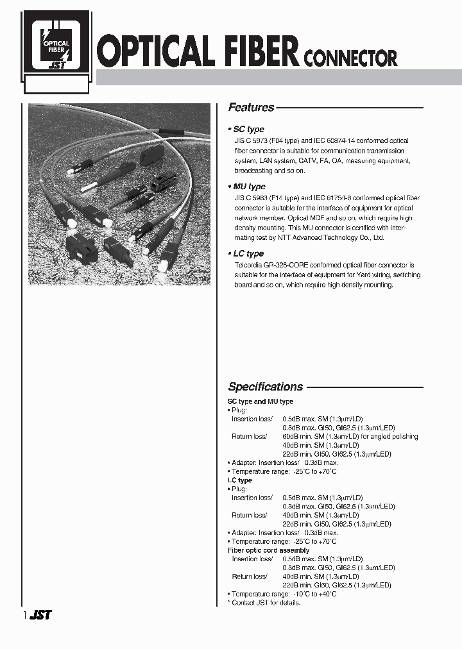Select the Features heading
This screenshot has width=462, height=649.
pos(251,108)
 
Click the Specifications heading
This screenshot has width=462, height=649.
pos(265,387)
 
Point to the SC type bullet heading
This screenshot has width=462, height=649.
pos(247,129)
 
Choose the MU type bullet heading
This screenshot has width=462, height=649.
pos(248,187)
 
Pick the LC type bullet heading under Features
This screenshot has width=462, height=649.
pos(247,253)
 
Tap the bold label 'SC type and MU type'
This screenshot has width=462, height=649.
pos(261,401)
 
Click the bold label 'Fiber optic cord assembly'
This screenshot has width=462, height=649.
pos(268,550)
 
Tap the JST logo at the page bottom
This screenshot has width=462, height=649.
pos(40,615)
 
